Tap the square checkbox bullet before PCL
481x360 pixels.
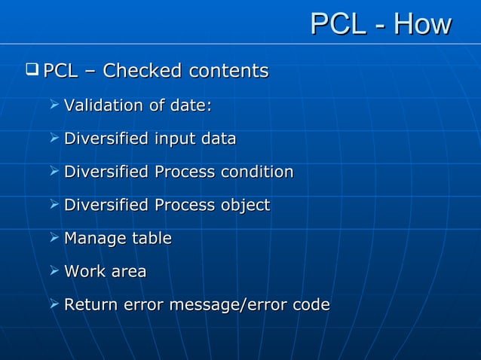[32, 71]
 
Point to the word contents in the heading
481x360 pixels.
[228, 72]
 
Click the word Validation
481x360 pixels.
[103, 105]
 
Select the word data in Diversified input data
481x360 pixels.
[218, 139]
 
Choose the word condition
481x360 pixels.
[256, 172]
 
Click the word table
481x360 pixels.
[152, 238]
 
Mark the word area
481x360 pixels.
[129, 272]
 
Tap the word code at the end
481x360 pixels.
[310, 305]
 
